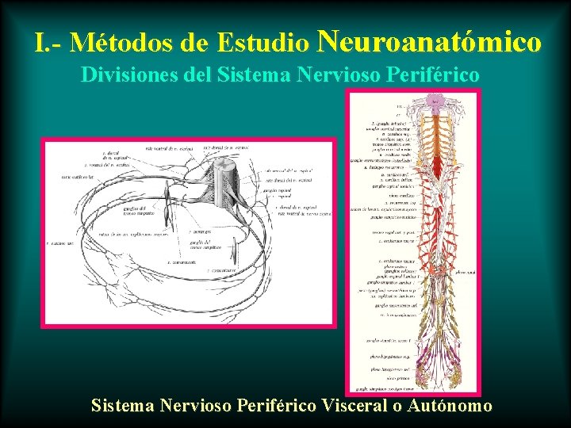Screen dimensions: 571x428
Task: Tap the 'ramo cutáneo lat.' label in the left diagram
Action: click(x=79, y=177)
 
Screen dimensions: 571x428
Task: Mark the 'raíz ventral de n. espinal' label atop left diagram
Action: click(x=171, y=148)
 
